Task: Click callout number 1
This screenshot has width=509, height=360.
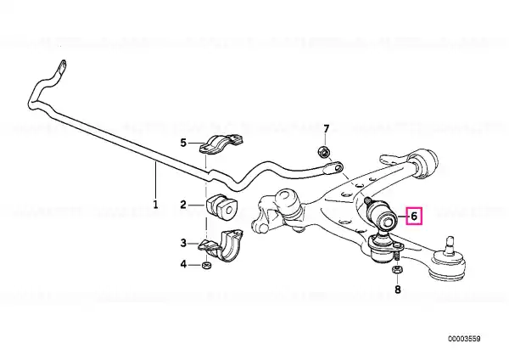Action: coord(155,205)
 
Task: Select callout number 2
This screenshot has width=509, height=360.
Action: coord(183,205)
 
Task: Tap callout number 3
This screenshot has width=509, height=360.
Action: coord(183,243)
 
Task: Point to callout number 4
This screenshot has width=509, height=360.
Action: coord(183,264)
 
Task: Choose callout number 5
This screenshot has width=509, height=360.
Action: coord(183,143)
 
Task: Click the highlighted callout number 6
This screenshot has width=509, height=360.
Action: coord(414,216)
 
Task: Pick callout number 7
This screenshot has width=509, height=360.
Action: coord(327,129)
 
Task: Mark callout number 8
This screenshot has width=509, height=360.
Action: coord(398,290)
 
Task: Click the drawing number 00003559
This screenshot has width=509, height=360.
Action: coord(464,339)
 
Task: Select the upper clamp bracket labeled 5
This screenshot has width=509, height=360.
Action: coord(221,144)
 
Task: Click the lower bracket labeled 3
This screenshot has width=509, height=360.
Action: coord(221,245)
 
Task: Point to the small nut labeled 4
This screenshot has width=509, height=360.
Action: coord(206,265)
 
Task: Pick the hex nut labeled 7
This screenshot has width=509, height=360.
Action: coord(322,151)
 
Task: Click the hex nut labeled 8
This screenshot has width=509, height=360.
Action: coord(397,269)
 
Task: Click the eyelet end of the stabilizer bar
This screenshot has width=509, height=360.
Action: coord(333,168)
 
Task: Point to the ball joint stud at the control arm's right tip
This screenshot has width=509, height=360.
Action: coord(450,244)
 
